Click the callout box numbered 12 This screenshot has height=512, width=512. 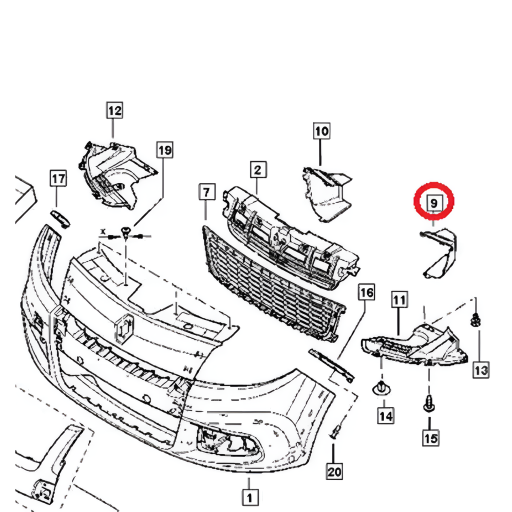114,110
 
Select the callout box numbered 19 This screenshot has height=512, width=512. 164,149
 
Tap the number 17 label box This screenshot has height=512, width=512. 58,178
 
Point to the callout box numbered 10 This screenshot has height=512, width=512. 321,131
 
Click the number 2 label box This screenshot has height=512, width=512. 257,170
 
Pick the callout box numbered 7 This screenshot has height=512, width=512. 206,191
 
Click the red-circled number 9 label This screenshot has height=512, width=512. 433,203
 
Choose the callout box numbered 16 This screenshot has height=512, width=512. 366,292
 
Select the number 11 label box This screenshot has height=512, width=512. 398,300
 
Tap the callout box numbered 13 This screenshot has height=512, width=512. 481,370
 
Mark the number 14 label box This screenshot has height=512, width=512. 385,414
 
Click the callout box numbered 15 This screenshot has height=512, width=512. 430,438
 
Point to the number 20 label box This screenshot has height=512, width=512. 334,470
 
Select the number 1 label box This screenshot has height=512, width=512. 248,497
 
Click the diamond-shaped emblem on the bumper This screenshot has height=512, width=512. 125,329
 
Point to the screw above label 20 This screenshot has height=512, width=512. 335,432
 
